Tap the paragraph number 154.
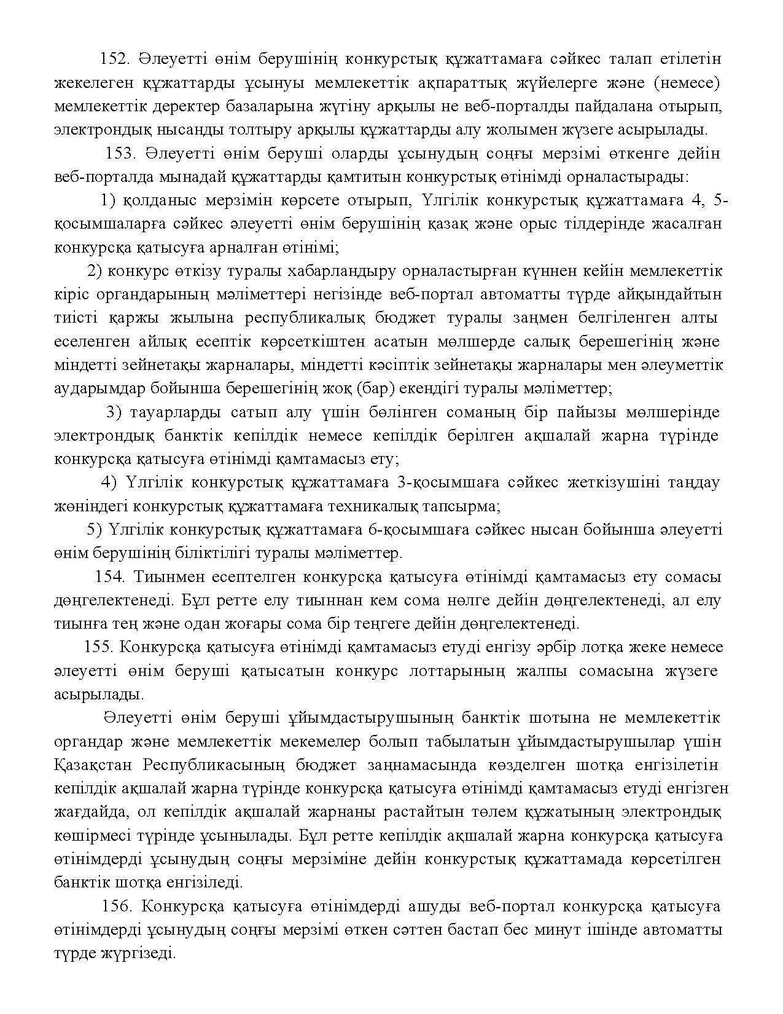(x=110, y=577)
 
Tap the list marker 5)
(x=96, y=529)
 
